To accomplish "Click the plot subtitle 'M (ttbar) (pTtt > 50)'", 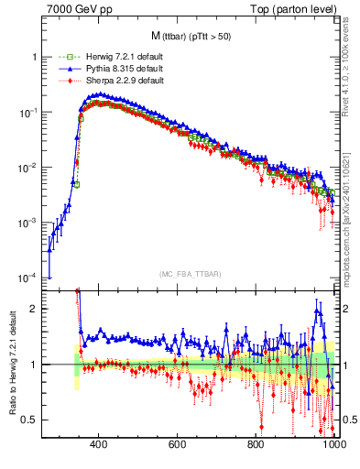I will (189, 37).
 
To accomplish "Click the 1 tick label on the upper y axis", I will (34, 57).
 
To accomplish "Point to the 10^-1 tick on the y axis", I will (27, 112).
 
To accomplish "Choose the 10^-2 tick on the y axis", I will (27, 168).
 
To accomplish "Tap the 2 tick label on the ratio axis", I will (34, 309).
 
